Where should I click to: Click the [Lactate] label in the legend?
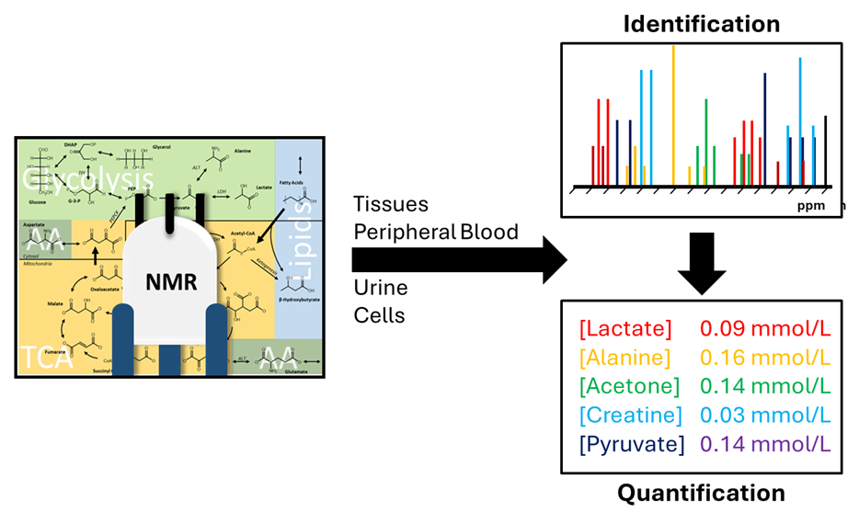(x=625, y=328)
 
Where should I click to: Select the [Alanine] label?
(x=625, y=357)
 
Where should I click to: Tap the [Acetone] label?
(x=629, y=386)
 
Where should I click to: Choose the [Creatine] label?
(x=631, y=415)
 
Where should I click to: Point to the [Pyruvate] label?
(x=632, y=444)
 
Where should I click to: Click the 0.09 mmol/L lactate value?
(x=765, y=328)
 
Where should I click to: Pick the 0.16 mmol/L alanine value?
(x=765, y=357)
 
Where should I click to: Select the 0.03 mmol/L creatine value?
(x=765, y=415)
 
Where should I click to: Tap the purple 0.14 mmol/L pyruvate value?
(x=765, y=444)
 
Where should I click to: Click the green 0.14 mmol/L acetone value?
(x=765, y=386)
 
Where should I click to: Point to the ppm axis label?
(x=812, y=207)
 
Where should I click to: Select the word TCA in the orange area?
(x=45, y=358)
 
